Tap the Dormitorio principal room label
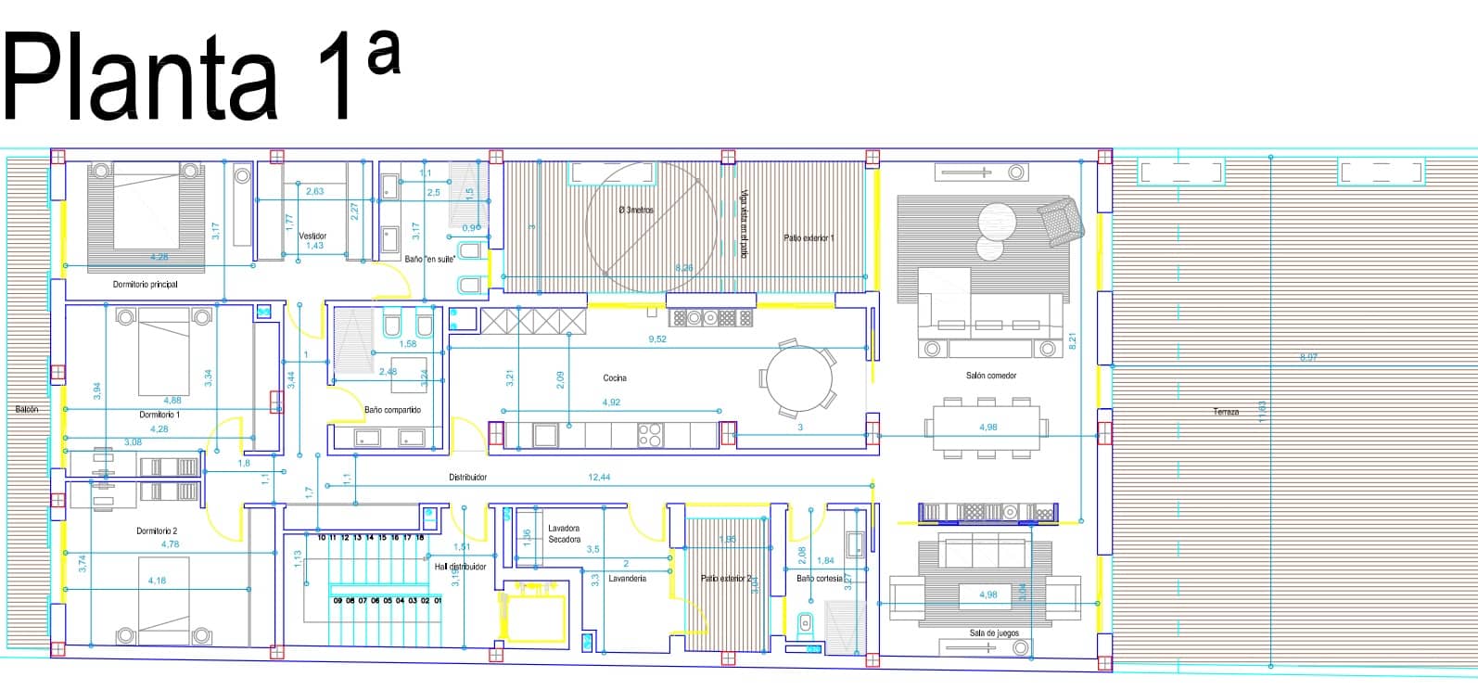click(146, 284)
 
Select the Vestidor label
click(312, 236)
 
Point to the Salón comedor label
click(990, 376)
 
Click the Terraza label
click(1226, 412)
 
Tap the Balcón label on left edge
click(27, 409)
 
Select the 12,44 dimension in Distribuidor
click(599, 477)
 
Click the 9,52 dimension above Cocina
click(657, 339)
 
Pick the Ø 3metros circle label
click(636, 211)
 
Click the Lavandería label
click(627, 578)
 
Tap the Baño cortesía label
click(819, 578)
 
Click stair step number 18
click(420, 537)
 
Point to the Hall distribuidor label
click(461, 566)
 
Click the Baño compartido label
click(392, 409)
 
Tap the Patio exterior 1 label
click(809, 238)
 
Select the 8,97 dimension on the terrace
click(1308, 357)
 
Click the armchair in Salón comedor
click(1059, 222)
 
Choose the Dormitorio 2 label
click(157, 530)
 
